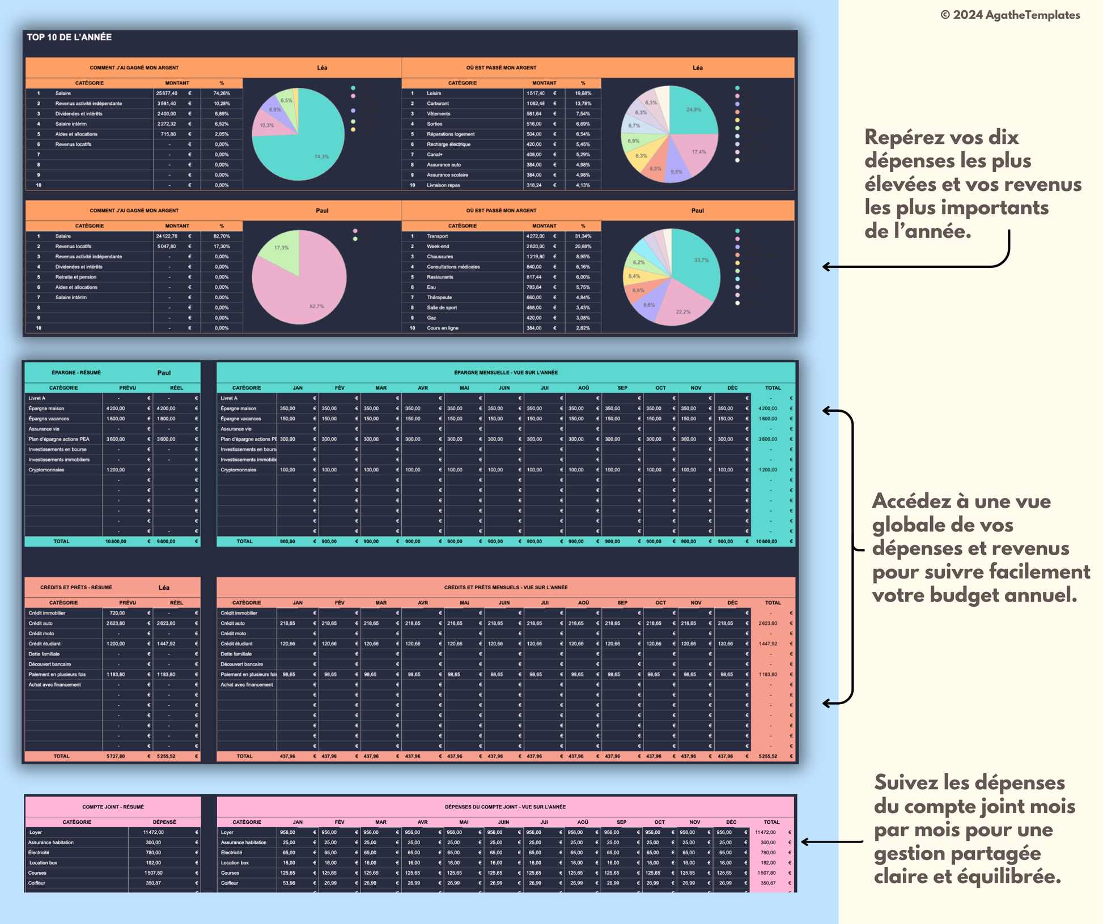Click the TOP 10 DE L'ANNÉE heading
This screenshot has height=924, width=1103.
click(x=69, y=37)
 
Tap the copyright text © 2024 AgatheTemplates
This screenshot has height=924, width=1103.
click(x=1010, y=15)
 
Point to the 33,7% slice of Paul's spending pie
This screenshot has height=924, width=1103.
click(x=697, y=263)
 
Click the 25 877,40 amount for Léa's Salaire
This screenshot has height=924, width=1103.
click(x=167, y=93)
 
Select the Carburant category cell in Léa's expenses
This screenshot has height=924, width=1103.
click(x=438, y=104)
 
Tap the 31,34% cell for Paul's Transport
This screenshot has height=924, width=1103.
click(x=583, y=236)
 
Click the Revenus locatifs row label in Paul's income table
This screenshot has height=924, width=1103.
click(x=73, y=246)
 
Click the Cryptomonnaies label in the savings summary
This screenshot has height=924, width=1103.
click(x=46, y=470)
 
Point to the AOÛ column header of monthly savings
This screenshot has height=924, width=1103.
click(x=583, y=388)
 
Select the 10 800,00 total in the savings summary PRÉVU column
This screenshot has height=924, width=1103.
click(x=116, y=542)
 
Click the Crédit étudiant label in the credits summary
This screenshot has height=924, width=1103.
click(x=45, y=644)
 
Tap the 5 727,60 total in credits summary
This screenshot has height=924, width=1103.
click(x=116, y=756)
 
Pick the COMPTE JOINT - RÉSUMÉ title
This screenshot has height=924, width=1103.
click(x=113, y=807)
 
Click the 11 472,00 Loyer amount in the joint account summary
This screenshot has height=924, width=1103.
click(x=153, y=832)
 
